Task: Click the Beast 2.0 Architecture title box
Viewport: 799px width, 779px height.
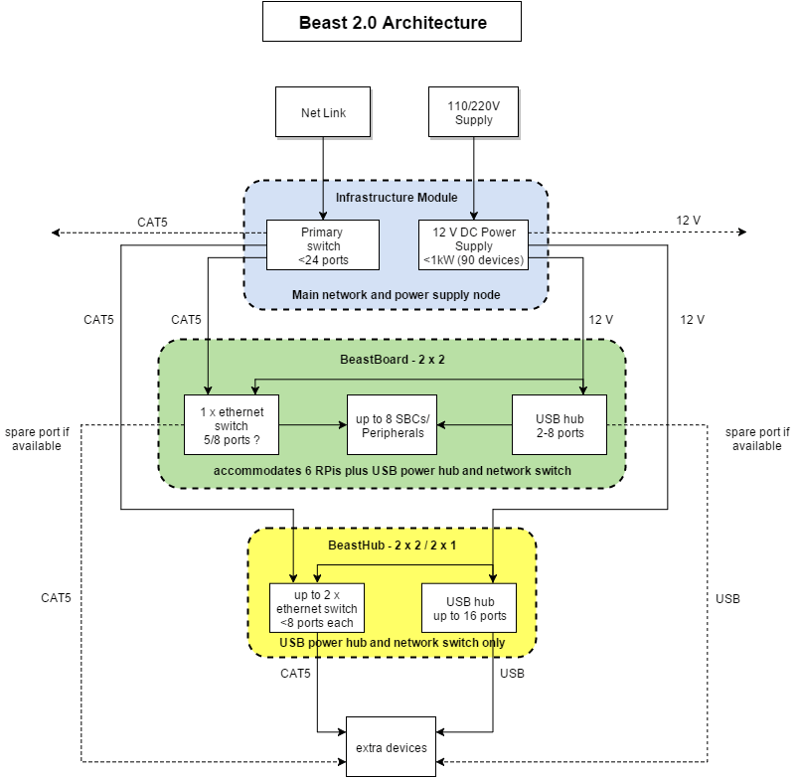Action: [x=392, y=22]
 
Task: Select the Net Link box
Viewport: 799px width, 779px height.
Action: [x=323, y=112]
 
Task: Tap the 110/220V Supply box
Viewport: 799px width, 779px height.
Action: [x=474, y=112]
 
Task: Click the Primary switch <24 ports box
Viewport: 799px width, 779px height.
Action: [x=320, y=246]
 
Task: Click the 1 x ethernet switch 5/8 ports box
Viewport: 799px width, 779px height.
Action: [x=232, y=425]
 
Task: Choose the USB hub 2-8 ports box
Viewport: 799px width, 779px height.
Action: [x=559, y=425]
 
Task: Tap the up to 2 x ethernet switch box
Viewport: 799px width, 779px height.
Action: [x=317, y=608]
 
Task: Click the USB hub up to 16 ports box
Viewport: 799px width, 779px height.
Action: [x=470, y=608]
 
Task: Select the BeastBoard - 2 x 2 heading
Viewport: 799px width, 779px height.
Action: [x=392, y=359]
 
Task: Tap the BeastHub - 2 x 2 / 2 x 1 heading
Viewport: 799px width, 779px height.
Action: [x=392, y=546]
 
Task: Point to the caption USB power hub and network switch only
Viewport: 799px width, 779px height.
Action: [x=392, y=643]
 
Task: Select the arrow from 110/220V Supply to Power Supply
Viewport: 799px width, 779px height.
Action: [x=474, y=179]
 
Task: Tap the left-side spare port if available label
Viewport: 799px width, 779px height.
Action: [x=38, y=438]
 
